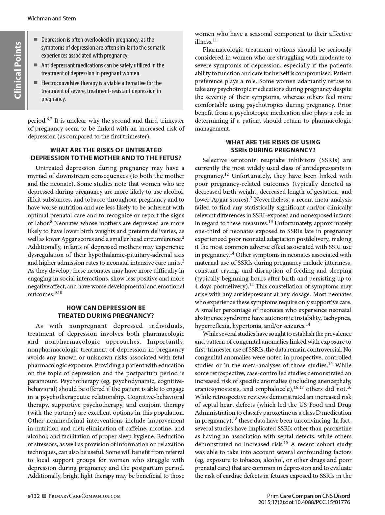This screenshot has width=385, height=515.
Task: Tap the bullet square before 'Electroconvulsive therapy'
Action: coord(36,83)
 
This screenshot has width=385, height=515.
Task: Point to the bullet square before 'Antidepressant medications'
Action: coord(36,65)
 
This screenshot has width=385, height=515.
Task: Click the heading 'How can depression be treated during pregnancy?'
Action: coord(106,312)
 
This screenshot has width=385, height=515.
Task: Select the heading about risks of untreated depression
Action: coord(106,154)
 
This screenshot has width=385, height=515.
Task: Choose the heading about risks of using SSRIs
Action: coord(273,146)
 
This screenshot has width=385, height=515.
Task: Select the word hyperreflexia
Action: coord(211,326)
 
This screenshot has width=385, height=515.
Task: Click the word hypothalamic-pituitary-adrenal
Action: coord(129,255)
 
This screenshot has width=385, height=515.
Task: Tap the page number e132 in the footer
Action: coord(34,496)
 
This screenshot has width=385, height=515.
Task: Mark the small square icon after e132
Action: coord(45,496)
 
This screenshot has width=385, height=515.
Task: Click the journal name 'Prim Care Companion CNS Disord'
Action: coord(308,496)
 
